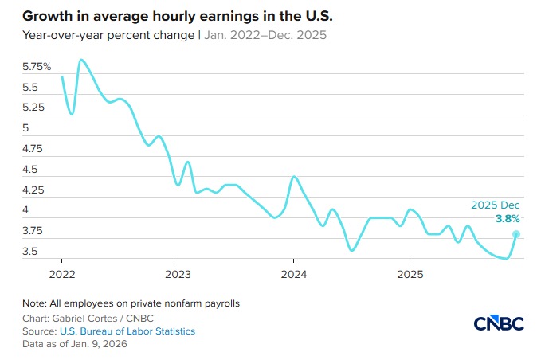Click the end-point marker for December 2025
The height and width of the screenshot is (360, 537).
click(516, 234)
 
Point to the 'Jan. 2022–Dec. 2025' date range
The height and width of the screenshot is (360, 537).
click(265, 36)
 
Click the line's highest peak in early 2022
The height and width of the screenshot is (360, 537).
click(81, 60)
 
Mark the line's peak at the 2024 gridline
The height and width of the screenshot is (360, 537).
click(294, 177)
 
